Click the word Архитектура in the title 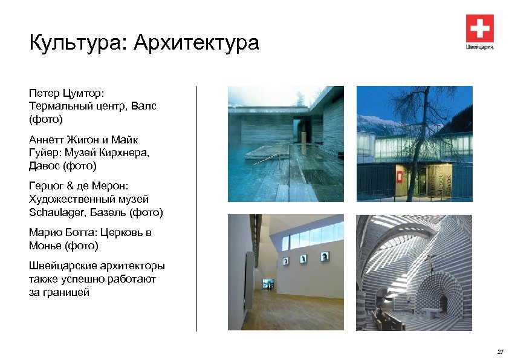[x=196, y=43]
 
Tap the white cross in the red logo [x=480, y=28]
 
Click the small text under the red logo [x=480, y=47]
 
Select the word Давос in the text [x=46, y=165]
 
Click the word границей [x=66, y=292]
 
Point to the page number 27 [x=499, y=352]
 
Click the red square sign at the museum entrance [x=401, y=177]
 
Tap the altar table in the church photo [x=431, y=311]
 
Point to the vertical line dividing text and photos [x=197, y=209]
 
